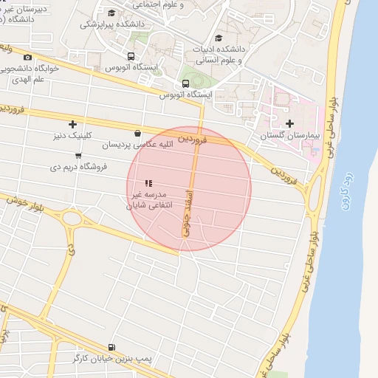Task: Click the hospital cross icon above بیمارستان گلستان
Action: tap(289, 124)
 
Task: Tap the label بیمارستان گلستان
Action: tap(289, 137)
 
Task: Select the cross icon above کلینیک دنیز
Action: tap(72, 124)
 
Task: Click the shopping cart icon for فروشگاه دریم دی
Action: tap(78, 155)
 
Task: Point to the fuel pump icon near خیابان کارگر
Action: tap(111, 346)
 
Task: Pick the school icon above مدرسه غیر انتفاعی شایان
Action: tap(148, 183)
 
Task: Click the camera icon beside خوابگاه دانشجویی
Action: tap(28, 58)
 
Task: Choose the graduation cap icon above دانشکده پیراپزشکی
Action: tap(111, 13)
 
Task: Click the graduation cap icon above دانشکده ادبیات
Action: tap(218, 38)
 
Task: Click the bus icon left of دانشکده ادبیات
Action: tap(131, 56)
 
